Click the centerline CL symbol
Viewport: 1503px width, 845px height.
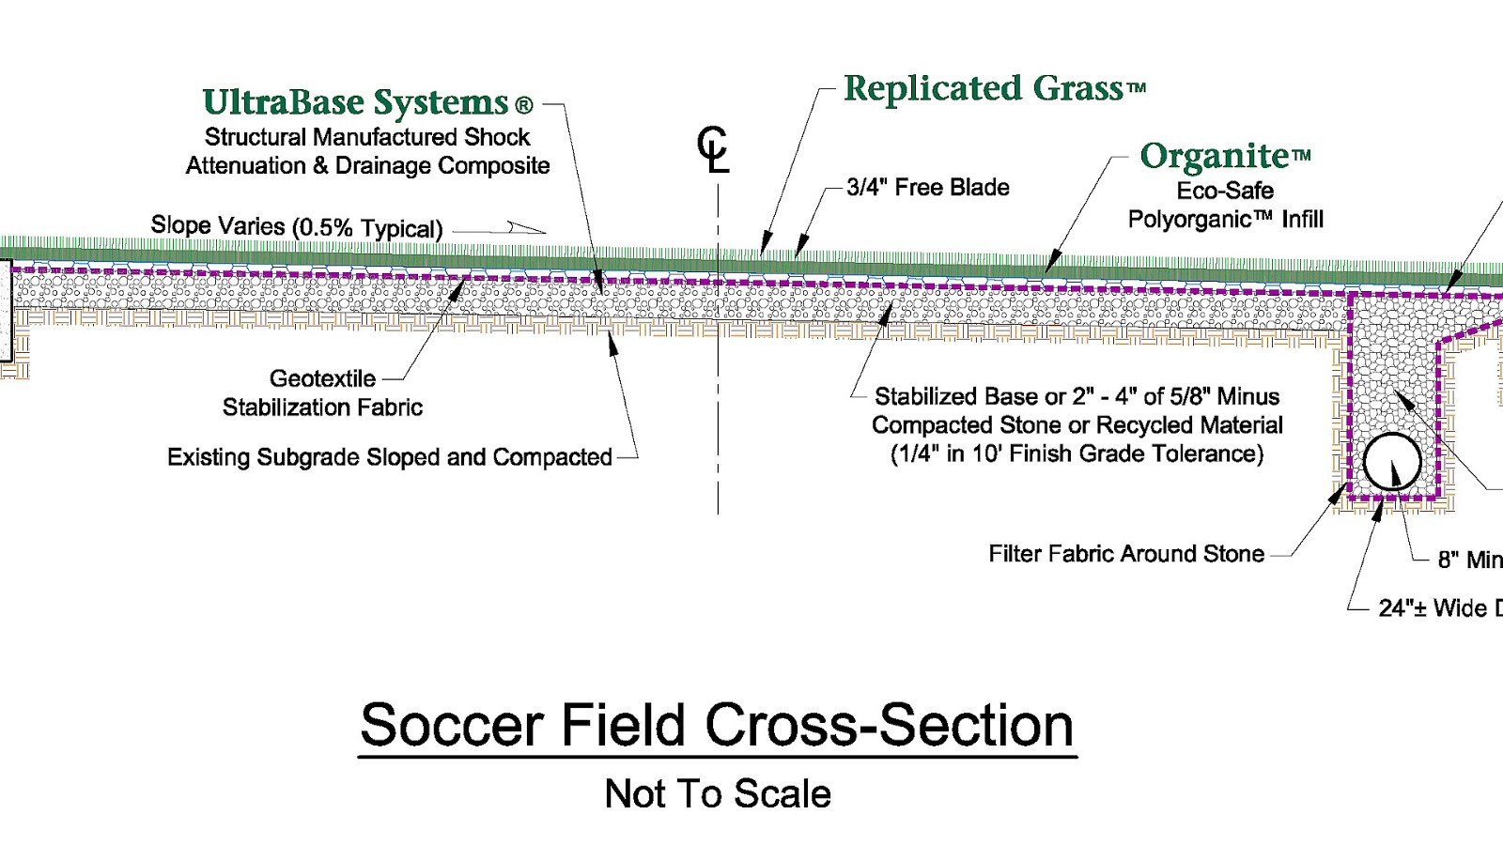coord(713,151)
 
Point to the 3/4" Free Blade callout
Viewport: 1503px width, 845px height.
coord(927,188)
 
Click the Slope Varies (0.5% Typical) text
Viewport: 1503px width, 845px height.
coord(296,227)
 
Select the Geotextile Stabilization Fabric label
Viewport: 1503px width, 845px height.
coord(322,393)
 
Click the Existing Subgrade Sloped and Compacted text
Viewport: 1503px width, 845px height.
coord(389,457)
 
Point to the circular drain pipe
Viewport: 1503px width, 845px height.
coord(1391,461)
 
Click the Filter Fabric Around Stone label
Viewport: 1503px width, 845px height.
coord(1125,554)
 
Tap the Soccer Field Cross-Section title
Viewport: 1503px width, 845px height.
coord(717,726)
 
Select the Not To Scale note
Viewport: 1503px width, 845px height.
coord(718,794)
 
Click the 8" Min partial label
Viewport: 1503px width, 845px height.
coord(1469,561)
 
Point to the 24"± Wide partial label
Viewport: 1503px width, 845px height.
coord(1438,608)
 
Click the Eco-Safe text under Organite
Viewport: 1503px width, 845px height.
coord(1225,191)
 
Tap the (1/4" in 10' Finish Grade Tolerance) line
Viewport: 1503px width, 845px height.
coord(1077,454)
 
